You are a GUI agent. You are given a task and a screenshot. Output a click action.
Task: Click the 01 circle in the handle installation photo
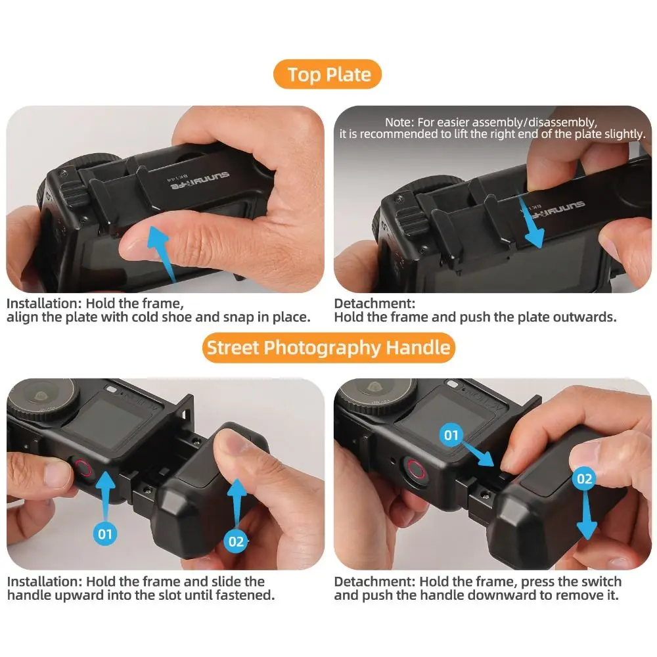(106, 533)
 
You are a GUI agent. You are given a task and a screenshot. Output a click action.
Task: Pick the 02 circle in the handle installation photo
(236, 541)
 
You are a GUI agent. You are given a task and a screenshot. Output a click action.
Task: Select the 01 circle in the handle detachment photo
(451, 434)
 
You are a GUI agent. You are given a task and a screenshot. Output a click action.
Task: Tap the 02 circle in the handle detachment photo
(585, 478)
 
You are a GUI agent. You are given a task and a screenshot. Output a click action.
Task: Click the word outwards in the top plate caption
(583, 317)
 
